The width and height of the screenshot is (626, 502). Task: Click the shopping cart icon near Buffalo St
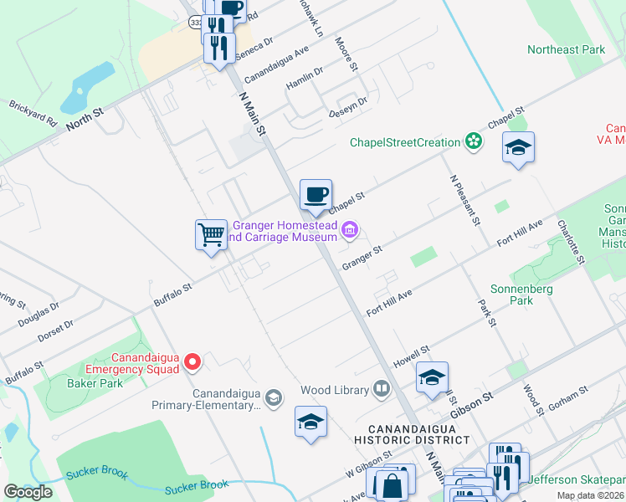211,233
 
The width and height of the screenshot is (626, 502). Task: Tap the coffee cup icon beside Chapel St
316,195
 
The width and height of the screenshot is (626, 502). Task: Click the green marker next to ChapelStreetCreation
475,142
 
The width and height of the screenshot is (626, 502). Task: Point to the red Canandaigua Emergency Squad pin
192,361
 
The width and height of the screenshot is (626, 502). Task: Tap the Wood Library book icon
382,389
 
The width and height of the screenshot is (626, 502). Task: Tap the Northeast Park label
567,49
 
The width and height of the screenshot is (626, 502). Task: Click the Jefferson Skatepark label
577,479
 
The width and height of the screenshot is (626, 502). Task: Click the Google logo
28,492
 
